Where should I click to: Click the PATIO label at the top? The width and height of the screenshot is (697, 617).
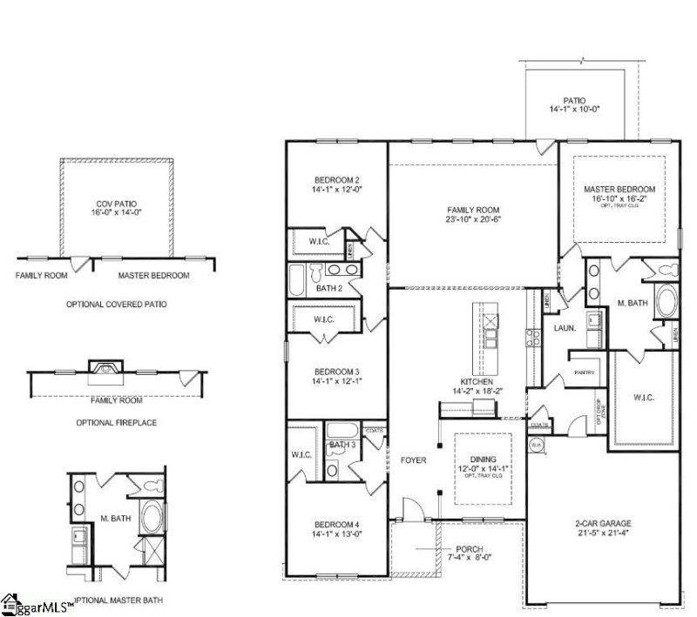(574, 100)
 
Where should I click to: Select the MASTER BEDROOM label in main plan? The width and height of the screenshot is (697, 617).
(619, 189)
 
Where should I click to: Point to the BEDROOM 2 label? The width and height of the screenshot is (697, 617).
(337, 178)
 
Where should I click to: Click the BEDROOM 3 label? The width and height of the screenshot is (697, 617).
(337, 370)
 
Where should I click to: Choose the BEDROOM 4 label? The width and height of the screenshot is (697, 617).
(337, 524)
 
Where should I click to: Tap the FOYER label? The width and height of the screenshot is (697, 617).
(413, 459)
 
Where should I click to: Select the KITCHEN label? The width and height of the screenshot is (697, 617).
(478, 382)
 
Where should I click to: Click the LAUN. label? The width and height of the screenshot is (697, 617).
(563, 328)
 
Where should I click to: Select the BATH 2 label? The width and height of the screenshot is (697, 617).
(328, 287)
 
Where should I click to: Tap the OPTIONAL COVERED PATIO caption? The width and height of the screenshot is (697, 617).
(116, 305)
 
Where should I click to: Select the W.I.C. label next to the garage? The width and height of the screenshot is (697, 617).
(644, 397)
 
